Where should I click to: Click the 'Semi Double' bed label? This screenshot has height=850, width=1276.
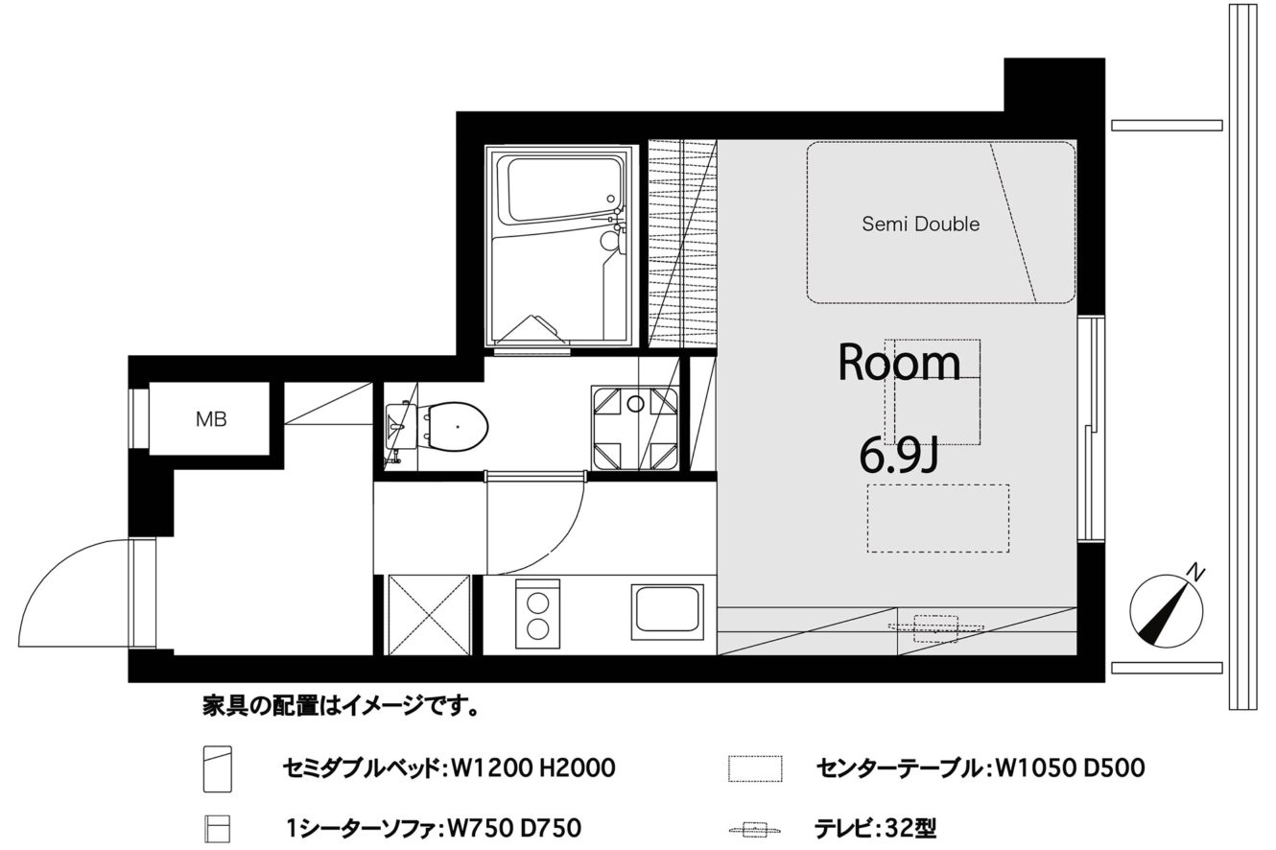click(x=921, y=224)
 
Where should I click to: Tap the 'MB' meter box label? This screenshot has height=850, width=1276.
click(x=211, y=419)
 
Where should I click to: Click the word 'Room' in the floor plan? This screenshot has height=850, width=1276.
click(x=899, y=363)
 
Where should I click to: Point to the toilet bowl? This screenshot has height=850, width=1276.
click(x=452, y=426)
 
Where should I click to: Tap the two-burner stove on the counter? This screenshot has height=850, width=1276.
click(x=537, y=614)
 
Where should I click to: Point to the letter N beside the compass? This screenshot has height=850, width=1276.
click(x=1198, y=572)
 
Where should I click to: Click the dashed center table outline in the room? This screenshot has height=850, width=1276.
click(x=938, y=518)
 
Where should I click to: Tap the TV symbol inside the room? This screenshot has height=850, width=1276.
click(x=936, y=627)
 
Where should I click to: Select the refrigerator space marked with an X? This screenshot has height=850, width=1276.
click(x=428, y=615)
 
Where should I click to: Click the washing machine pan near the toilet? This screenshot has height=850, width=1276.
click(x=635, y=429)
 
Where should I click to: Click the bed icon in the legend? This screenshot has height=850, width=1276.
click(x=218, y=769)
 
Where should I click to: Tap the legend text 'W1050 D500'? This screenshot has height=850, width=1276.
click(x=1070, y=767)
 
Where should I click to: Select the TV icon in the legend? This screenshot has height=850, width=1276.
click(x=755, y=830)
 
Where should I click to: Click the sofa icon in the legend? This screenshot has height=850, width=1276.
click(x=217, y=829)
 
